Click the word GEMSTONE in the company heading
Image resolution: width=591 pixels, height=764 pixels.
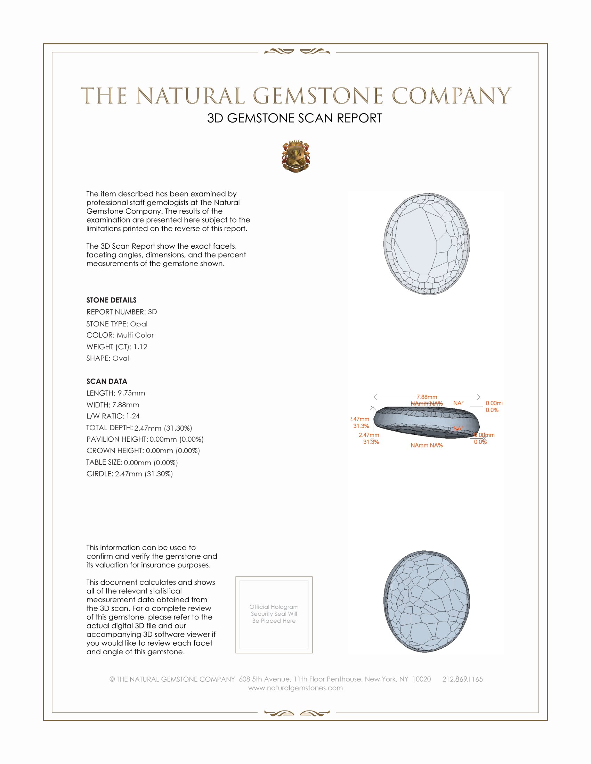point(317,96)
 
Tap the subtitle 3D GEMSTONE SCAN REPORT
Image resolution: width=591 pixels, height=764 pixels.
point(294,118)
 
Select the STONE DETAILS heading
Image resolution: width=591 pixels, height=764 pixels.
point(111,300)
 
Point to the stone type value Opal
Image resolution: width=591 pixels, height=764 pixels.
point(139,324)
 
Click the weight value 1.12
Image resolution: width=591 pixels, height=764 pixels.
point(140,347)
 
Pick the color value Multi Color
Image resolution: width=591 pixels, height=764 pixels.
point(135,335)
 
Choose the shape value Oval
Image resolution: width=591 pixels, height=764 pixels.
point(121,358)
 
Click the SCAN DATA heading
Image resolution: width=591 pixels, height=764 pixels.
point(107,381)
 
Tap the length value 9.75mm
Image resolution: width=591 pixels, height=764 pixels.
point(131,393)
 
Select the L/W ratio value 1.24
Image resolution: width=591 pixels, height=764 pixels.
point(133,416)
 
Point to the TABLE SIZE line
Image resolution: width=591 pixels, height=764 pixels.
point(132,463)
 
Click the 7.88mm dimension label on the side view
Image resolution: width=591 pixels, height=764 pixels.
point(427,397)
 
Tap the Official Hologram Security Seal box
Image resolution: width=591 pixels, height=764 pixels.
point(274,615)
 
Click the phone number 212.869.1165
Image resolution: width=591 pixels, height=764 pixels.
point(462,679)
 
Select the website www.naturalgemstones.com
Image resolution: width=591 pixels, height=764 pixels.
point(295,688)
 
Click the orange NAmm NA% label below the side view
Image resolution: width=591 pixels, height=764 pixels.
point(427,445)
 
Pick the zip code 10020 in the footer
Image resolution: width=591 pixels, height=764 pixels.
point(422,679)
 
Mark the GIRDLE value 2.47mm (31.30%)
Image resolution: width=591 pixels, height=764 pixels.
point(144,474)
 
